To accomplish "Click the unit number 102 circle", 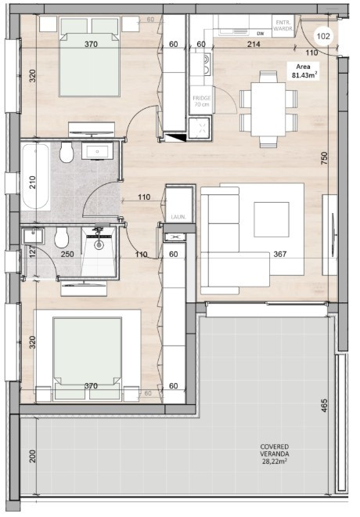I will click(x=323, y=34).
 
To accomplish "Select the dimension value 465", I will click(x=324, y=407).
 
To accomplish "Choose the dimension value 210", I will click(x=32, y=182).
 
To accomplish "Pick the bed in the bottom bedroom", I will click(x=88, y=357).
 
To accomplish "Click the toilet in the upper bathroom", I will click(x=68, y=150).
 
